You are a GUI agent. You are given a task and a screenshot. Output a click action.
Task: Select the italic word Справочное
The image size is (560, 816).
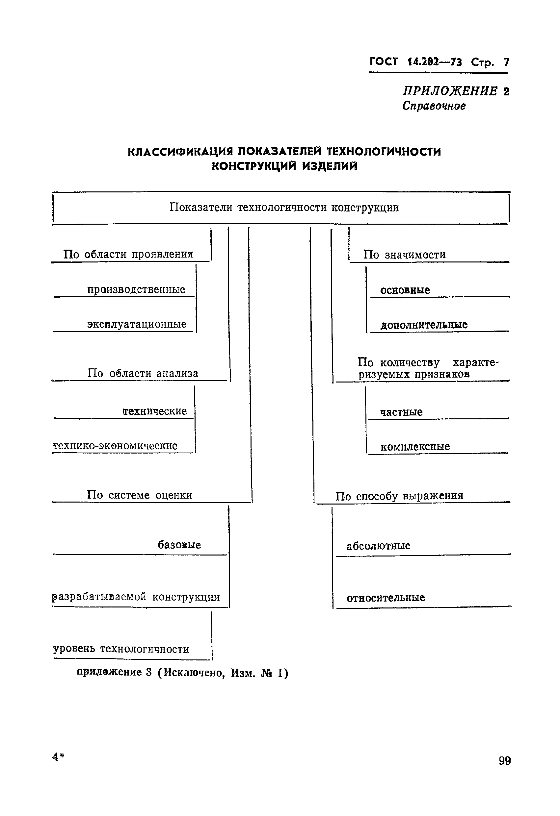(434, 106)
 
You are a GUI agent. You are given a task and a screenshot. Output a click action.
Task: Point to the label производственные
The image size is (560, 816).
(136, 290)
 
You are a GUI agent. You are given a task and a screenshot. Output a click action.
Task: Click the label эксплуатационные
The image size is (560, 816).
(137, 324)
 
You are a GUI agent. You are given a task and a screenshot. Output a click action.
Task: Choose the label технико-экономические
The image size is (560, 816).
(115, 446)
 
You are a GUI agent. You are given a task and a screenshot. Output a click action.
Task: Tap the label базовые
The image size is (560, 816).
(179, 545)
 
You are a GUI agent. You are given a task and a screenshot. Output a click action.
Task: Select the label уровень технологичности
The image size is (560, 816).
(121, 649)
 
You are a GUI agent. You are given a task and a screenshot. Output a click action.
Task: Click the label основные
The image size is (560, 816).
(405, 290)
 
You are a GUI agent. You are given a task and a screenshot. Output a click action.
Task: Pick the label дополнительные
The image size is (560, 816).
(424, 325)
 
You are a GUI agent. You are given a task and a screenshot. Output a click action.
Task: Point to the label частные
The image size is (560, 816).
(401, 412)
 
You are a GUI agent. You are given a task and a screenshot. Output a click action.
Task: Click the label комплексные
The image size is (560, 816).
(415, 447)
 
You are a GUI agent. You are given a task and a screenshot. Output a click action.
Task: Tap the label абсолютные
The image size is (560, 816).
(378, 546)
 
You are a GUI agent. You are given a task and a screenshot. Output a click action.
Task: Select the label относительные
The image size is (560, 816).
(386, 598)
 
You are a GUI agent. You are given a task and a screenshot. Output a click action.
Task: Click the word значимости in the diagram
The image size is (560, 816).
(415, 255)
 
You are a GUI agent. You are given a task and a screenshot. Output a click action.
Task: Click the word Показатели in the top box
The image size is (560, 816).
(201, 208)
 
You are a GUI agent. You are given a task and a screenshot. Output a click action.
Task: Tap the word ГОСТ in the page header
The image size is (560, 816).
(384, 62)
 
